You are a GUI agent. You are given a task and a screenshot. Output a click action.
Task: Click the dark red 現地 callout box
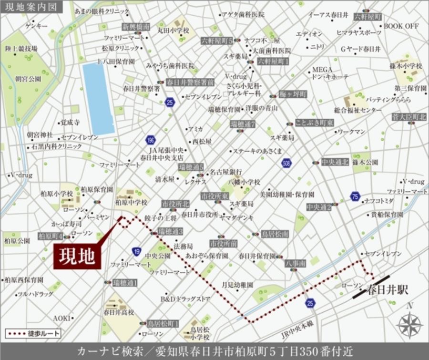point(76,257)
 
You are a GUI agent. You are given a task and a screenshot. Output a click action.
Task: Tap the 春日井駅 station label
point(388,289)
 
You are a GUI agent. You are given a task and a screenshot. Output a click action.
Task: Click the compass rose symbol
point(409,325)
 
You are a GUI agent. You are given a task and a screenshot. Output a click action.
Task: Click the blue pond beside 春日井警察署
point(99,98)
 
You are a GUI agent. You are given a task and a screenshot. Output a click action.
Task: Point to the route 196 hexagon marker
point(150,141)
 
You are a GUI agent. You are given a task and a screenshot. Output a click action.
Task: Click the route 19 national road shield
point(137,251)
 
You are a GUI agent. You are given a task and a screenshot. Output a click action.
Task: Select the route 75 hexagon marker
point(354,196)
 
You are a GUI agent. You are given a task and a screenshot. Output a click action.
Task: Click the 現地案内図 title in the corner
point(29,7)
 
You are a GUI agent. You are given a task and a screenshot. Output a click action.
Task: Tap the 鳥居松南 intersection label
point(275,234)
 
